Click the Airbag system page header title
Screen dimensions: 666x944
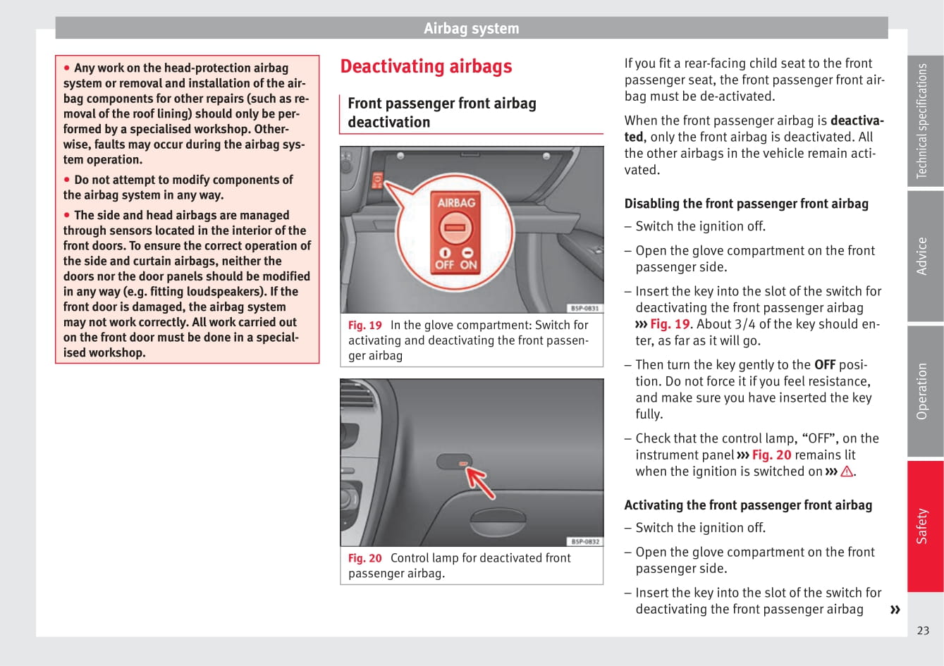tap(471, 29)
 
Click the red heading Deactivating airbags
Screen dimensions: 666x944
tap(426, 66)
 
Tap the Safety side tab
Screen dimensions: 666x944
tap(924, 526)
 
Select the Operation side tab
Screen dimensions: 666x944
tap(924, 391)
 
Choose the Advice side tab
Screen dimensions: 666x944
tap(924, 256)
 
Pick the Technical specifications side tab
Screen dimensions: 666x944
tap(924, 121)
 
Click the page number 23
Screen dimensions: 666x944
tap(923, 631)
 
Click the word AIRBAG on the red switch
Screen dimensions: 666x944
tap(456, 202)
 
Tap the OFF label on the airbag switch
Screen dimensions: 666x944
tap(444, 265)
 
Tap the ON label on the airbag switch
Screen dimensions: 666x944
tap(469, 265)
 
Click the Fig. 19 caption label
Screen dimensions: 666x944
tap(364, 326)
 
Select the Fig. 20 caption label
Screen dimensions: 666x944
tap(364, 558)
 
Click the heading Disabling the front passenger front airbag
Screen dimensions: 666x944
tap(746, 204)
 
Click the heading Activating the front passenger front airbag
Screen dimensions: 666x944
tap(748, 505)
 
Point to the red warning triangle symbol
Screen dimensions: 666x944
tap(847, 471)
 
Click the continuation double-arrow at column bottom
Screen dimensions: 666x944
tap(895, 610)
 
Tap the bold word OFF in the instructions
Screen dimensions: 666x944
tap(825, 365)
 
